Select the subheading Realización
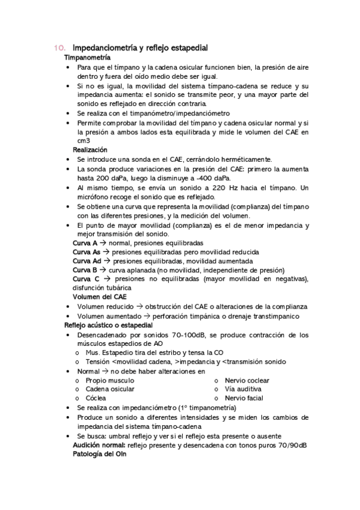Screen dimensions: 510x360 pos(90,149)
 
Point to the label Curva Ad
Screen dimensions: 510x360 pos(87,261)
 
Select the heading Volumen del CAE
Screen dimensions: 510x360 pos(100,297)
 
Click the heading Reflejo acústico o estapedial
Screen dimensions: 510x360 pos(109,325)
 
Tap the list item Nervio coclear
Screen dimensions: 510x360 pos(247,381)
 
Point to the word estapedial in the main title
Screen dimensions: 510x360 pos(188,48)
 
